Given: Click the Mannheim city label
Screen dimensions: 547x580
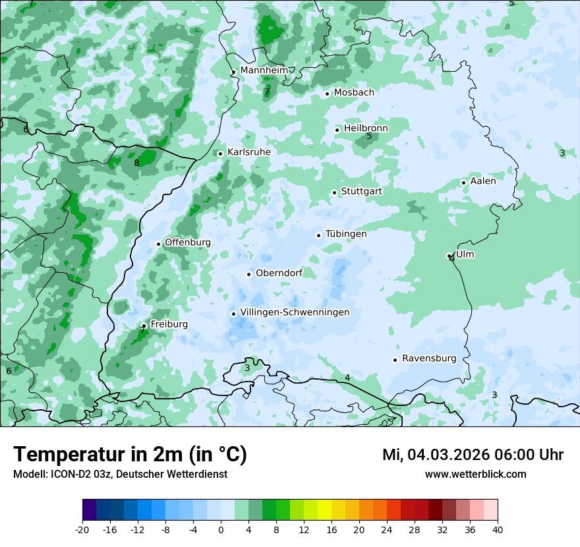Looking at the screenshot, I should (264, 70).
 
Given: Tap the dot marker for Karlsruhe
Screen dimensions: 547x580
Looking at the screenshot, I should (220, 154).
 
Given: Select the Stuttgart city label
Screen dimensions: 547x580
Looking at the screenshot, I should (361, 191).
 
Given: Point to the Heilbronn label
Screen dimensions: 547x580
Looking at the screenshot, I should (366, 128).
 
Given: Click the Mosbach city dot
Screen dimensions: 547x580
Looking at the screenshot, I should (327, 94).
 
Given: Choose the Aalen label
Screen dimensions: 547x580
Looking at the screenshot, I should (483, 181).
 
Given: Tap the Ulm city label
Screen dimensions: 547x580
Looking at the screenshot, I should (465, 254).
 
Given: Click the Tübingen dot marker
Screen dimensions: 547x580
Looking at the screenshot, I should (318, 235).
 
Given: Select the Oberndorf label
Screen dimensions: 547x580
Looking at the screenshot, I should (279, 273).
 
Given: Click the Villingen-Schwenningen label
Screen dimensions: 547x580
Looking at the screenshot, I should (295, 312).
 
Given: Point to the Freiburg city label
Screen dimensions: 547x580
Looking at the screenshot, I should (169, 324).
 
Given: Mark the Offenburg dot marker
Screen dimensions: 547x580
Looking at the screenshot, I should (158, 244).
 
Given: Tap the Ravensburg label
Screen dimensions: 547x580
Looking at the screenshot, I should (429, 359).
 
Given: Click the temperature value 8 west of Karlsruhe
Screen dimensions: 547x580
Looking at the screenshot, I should (136, 163).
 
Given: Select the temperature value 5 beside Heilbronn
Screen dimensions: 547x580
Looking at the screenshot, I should (369, 136).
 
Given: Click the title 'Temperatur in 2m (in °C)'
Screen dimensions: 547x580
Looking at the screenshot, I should (130, 454).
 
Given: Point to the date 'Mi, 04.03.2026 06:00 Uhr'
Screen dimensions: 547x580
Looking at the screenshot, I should (473, 455).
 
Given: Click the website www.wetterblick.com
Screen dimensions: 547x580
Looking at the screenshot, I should (475, 475).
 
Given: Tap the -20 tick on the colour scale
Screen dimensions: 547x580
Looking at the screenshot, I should (82, 529).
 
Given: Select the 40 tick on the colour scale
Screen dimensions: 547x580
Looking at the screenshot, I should (498, 529).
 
